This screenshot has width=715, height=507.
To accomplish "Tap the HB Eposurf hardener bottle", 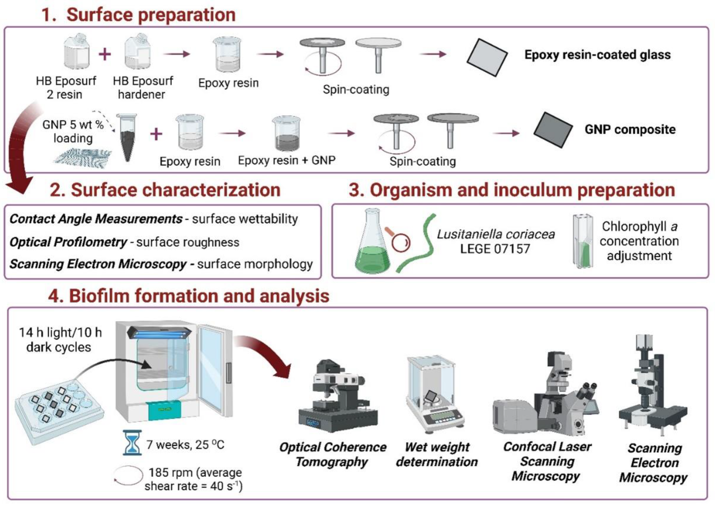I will (138, 52).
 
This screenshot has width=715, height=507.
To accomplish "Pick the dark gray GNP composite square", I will (553, 130).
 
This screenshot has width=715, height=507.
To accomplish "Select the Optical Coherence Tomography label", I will (332, 454).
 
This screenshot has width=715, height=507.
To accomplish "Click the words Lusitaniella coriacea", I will (495, 234).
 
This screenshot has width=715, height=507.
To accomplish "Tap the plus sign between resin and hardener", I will (105, 54).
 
